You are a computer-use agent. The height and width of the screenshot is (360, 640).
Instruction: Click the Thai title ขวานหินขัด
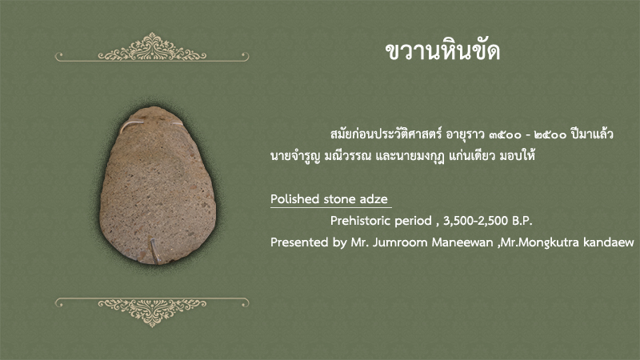442,51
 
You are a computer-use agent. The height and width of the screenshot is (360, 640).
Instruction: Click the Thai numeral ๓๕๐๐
506,134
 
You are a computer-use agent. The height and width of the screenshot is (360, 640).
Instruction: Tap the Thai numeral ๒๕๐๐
550,134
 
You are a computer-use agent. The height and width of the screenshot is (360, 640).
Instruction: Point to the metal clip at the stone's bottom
154,250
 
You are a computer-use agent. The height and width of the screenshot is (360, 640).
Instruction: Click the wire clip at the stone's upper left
130,126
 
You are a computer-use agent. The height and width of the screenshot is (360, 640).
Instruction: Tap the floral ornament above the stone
152,47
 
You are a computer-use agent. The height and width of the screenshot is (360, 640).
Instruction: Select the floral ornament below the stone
152,312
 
